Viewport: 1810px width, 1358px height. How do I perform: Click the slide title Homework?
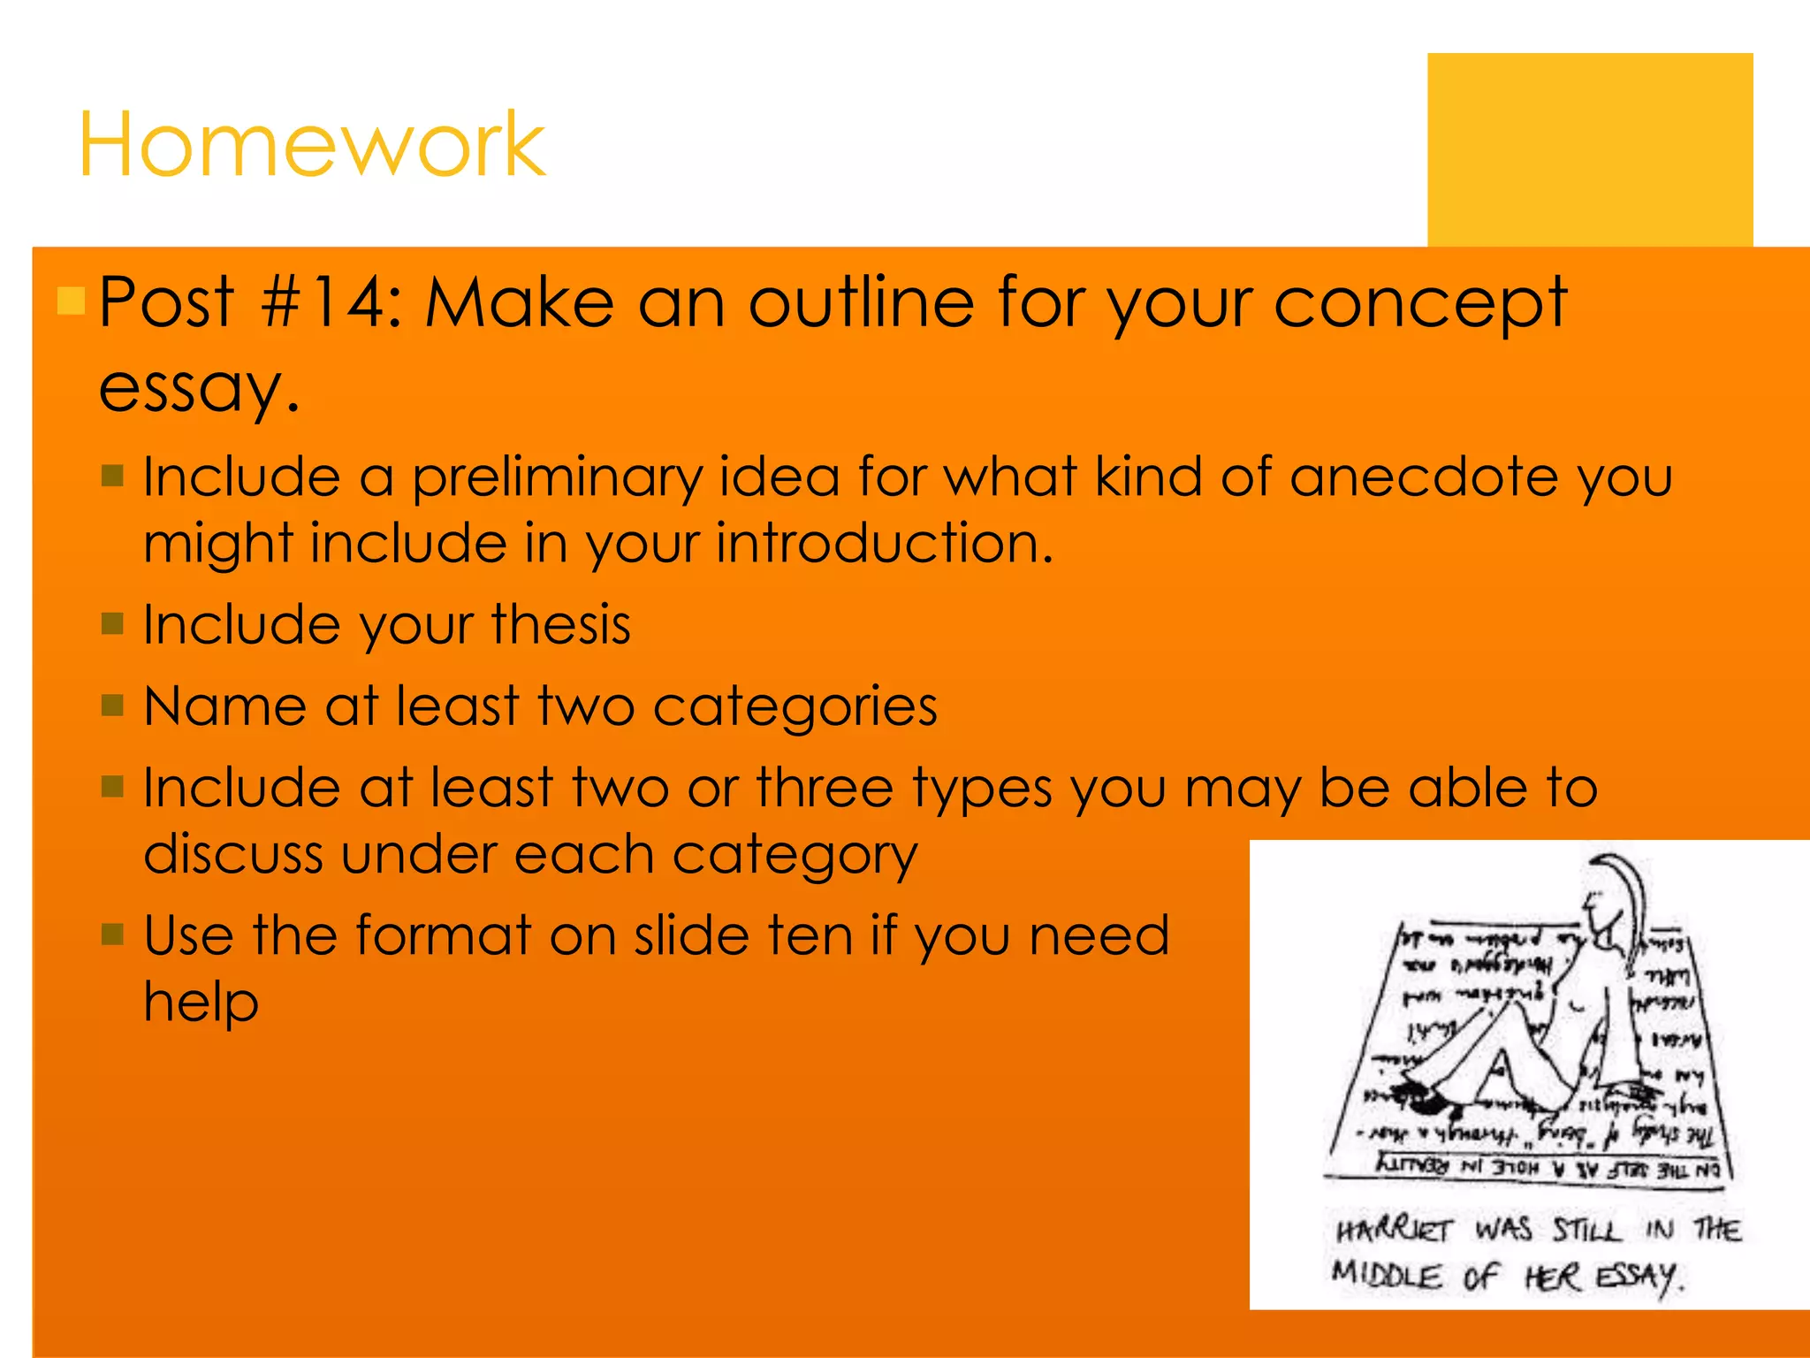311,144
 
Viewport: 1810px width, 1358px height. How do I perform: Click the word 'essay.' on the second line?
200,388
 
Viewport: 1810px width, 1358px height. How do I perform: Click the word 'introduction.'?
885,542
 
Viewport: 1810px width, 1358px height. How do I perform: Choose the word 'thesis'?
561,624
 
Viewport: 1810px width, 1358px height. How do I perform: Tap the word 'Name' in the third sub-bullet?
224,706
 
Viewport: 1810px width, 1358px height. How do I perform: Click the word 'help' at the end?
201,1003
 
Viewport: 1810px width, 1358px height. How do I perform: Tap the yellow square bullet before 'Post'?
71,301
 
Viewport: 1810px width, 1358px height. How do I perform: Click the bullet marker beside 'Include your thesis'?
112,624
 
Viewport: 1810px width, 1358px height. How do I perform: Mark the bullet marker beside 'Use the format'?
112,934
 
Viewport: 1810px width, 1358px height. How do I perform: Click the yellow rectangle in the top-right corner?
1589,149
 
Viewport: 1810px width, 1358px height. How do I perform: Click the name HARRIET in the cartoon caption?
1394,1230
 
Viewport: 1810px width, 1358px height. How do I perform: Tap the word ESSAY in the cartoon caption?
1636,1277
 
